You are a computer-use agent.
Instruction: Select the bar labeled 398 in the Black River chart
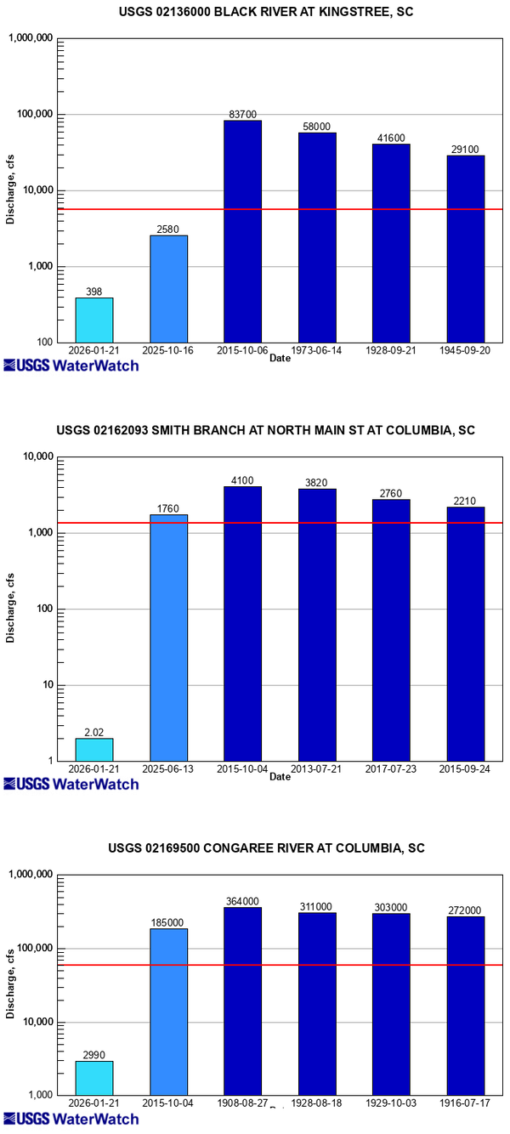(94, 320)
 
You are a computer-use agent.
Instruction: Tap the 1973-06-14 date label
(317, 349)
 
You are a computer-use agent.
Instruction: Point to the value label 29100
(466, 150)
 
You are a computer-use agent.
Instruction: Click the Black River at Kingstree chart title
(254, 12)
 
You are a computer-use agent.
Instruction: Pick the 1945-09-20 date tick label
(466, 349)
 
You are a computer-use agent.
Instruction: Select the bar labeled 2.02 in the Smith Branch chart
(94, 749)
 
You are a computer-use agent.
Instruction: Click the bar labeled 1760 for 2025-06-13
(168, 638)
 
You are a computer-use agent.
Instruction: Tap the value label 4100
(242, 481)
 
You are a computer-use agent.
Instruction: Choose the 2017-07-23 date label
(391, 768)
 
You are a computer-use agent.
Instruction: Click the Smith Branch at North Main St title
(254, 431)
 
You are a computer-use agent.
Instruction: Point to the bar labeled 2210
(466, 633)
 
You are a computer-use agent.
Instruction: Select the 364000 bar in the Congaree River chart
(242, 1001)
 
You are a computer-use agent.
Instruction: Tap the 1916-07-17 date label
(466, 1103)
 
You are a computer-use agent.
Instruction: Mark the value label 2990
(94, 1055)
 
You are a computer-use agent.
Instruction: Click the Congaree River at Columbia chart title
(254, 848)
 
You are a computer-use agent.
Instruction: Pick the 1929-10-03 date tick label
(391, 1103)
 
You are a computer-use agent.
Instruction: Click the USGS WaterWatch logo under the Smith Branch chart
(71, 784)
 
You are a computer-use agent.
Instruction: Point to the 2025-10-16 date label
(168, 349)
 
